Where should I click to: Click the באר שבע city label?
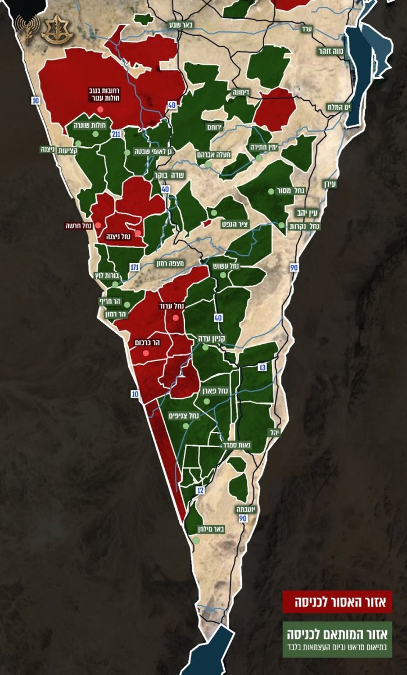[x=179, y=25]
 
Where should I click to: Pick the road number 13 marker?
[x=263, y=367]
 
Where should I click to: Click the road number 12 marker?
[x=200, y=490]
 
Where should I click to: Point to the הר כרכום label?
[x=148, y=342]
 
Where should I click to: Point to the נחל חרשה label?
[x=79, y=226]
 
